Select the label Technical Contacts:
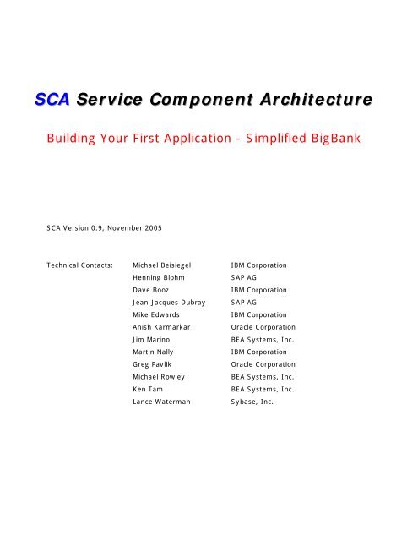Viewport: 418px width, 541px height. [81, 265]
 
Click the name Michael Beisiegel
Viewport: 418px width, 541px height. [168, 265]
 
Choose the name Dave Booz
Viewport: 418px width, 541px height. [155, 290]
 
